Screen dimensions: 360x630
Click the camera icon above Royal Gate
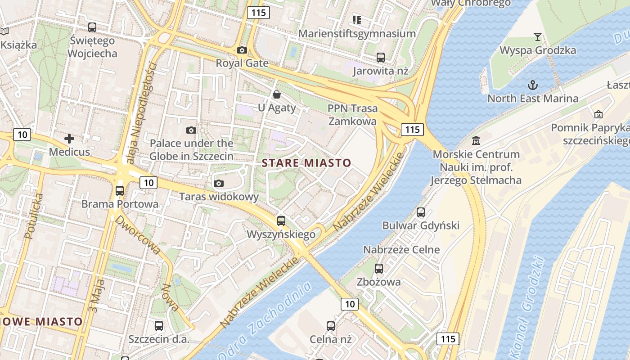click(x=242, y=50)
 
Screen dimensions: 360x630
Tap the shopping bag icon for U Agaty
click(x=277, y=94)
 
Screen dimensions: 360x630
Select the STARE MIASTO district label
click(x=306, y=162)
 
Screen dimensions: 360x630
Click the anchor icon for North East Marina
click(x=533, y=85)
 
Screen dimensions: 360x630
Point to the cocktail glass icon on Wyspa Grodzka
click(x=537, y=36)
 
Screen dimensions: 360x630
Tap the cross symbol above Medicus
click(x=69, y=139)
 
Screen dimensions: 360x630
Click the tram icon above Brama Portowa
click(x=120, y=190)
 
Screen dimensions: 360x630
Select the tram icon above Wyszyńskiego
click(x=281, y=220)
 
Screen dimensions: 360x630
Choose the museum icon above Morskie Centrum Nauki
click(x=476, y=141)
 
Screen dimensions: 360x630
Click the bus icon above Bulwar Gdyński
click(x=421, y=212)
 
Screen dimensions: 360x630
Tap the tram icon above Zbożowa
click(x=379, y=269)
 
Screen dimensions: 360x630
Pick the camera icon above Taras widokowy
click(x=219, y=183)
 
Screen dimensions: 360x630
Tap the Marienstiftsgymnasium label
click(x=357, y=34)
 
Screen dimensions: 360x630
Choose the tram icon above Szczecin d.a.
click(x=159, y=325)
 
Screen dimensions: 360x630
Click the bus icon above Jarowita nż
click(x=381, y=57)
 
